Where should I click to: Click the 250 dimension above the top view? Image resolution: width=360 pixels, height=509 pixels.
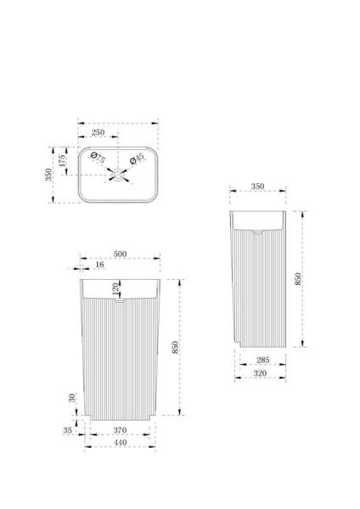pyautogui.click(x=98, y=132)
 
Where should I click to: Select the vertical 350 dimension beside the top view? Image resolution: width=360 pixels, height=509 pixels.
pyautogui.click(x=49, y=174)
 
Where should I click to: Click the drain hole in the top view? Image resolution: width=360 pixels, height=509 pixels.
pyautogui.click(x=117, y=176)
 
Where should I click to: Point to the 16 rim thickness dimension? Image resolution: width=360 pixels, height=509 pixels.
pyautogui.click(x=101, y=266)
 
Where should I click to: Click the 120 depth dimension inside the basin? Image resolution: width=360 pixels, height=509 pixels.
pyautogui.click(x=115, y=288)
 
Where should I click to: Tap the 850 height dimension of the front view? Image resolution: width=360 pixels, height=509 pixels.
pyautogui.click(x=175, y=347)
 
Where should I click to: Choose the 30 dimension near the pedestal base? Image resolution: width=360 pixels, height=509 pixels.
pyautogui.click(x=73, y=397)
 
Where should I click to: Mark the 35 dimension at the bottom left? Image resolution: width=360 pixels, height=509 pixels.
pyautogui.click(x=68, y=430)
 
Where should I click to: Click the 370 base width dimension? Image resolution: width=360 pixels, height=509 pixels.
pyautogui.click(x=120, y=431)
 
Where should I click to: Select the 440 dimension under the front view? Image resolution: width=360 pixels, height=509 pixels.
pyautogui.click(x=120, y=443)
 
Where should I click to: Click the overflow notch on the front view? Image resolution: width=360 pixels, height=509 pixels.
pyautogui.click(x=119, y=299)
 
